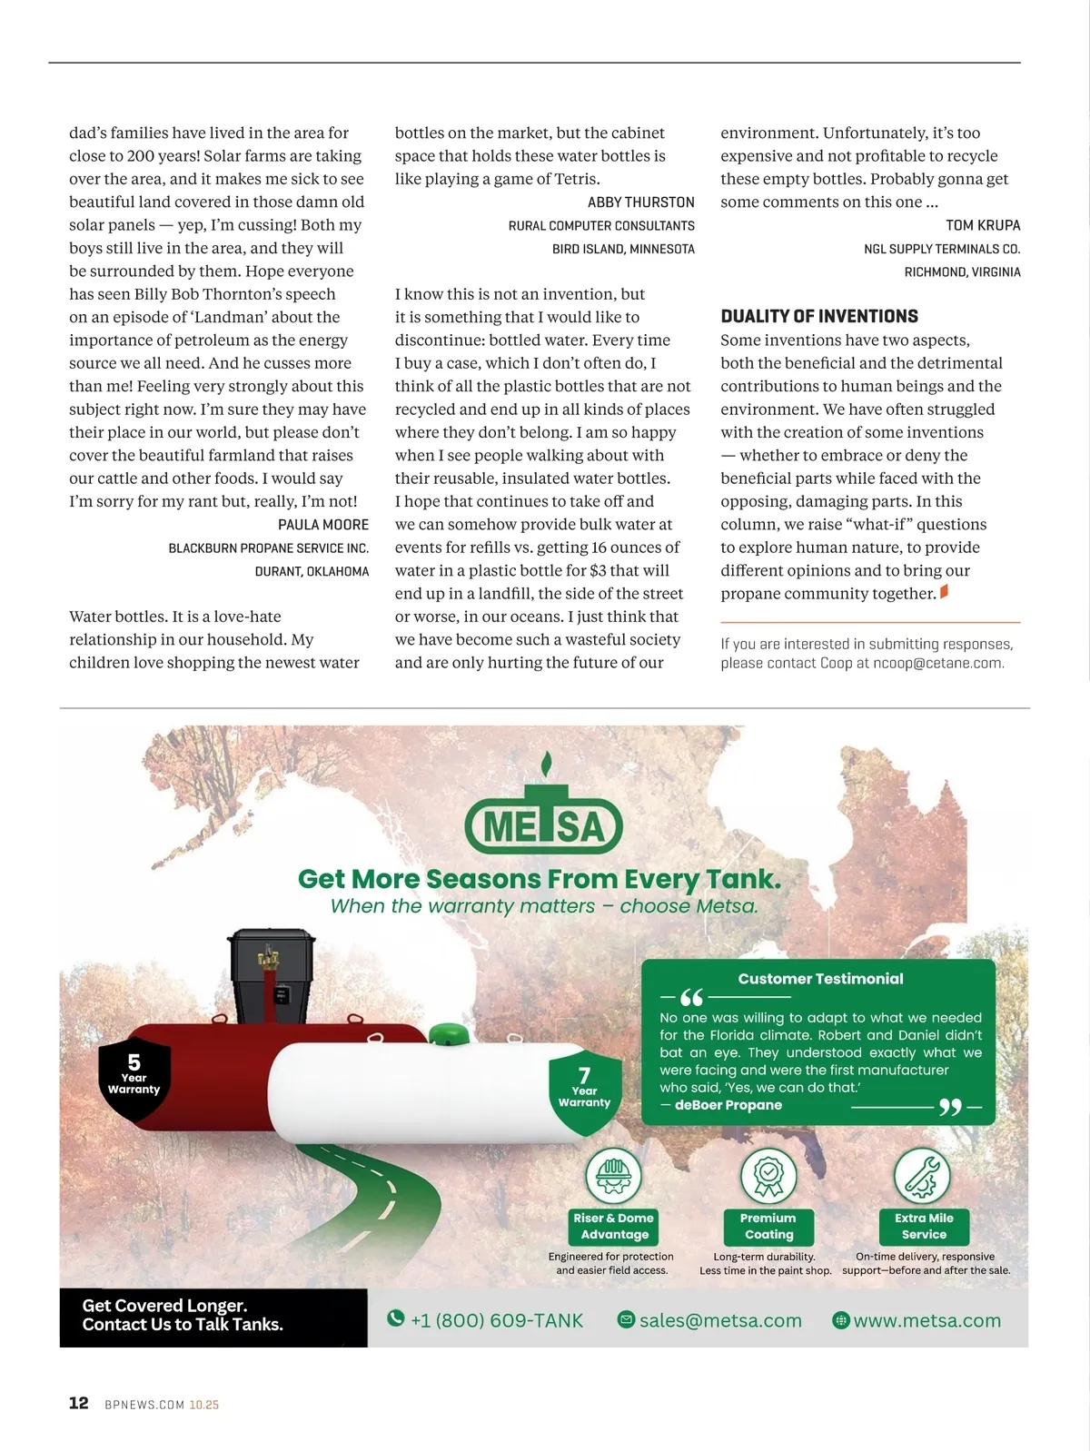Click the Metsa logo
point(543,817)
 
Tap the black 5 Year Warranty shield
point(134,1077)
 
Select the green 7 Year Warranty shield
point(585,1090)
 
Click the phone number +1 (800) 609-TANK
point(496,1320)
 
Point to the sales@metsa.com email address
point(719,1320)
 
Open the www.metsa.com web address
point(926,1320)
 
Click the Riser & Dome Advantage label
point(614,1226)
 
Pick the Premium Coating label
point(768,1226)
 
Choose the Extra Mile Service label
point(924,1226)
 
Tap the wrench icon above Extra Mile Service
point(922,1175)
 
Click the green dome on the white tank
point(447,1035)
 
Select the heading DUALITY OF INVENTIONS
point(819,316)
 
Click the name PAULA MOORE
point(323,525)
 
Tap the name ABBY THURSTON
point(640,202)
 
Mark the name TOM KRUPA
point(983,225)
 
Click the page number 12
point(79,1403)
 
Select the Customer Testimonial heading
point(820,979)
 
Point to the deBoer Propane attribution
point(728,1105)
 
